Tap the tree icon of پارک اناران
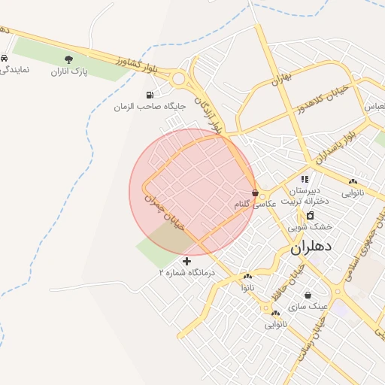coord(69,59)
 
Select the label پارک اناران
coord(70,72)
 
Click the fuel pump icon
coord(150,95)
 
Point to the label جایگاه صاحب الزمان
coord(150,108)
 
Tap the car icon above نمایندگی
coord(5,58)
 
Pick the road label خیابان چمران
coord(165,210)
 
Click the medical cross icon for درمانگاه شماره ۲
coord(187,261)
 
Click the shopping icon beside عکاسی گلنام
coord(256,192)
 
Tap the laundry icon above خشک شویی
coord(311,215)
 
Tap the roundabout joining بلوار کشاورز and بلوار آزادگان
coord(179,77)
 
